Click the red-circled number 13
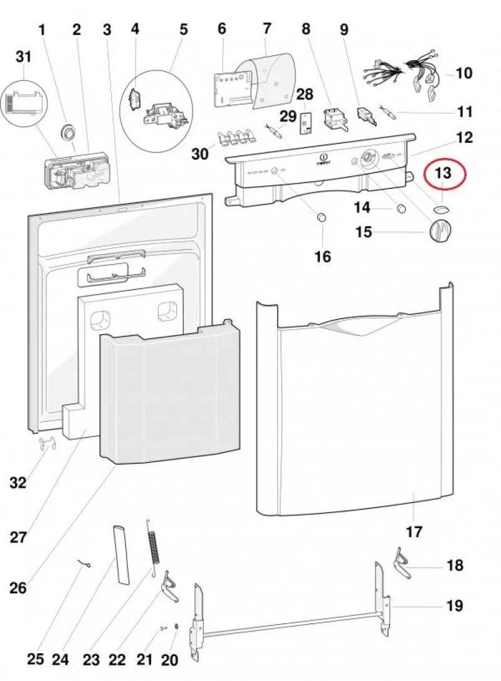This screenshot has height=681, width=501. pos(444,174)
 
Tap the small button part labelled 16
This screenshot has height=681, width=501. pos(321,218)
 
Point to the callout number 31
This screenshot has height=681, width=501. pos(23,57)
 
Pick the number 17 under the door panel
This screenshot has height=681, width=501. pos(414,532)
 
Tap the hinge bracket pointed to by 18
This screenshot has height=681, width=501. pos(401,562)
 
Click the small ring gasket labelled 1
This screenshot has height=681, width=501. pos(66,131)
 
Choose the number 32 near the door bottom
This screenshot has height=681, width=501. pos(18,482)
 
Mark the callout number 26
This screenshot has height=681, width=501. pos(18,588)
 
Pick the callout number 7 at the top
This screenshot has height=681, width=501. pos(267,29)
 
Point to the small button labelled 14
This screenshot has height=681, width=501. pos(399,208)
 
